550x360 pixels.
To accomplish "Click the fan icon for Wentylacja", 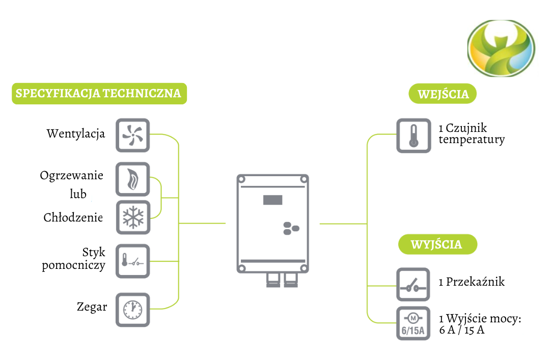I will (133, 135).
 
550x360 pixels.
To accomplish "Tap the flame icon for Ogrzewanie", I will (133, 179).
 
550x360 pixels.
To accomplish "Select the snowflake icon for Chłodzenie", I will (133, 217).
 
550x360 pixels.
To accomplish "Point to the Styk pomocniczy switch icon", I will (133, 261).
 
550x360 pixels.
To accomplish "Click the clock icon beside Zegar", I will (133, 309).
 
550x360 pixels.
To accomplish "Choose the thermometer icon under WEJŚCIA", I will (414, 136).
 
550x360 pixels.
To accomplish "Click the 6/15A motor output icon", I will (414, 324).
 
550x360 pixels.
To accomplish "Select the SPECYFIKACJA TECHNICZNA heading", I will (99, 94).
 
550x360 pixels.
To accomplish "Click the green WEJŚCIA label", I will (443, 95).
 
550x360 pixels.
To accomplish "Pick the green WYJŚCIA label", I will (437, 244).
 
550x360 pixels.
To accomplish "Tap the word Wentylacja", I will (76, 134).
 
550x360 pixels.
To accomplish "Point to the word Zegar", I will (92, 307).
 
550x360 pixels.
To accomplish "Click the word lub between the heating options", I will (78, 194).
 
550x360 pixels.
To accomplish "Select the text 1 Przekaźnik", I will (471, 282).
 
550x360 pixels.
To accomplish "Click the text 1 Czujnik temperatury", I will (471, 134).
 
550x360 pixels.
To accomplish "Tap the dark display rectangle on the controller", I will (272, 200).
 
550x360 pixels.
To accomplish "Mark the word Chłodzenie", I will (73, 218).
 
